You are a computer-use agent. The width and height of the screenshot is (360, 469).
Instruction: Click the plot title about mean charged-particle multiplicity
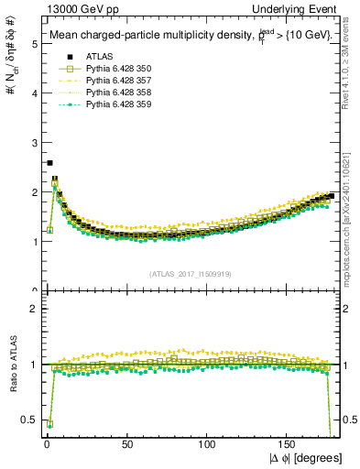point(183,36)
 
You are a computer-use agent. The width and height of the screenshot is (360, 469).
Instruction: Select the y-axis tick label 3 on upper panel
point(34,143)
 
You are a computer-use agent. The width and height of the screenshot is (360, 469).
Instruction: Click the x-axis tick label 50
point(127,444)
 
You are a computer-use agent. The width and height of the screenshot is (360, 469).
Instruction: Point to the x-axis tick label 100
point(208,444)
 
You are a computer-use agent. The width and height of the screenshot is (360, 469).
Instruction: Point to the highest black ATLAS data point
point(49,163)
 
